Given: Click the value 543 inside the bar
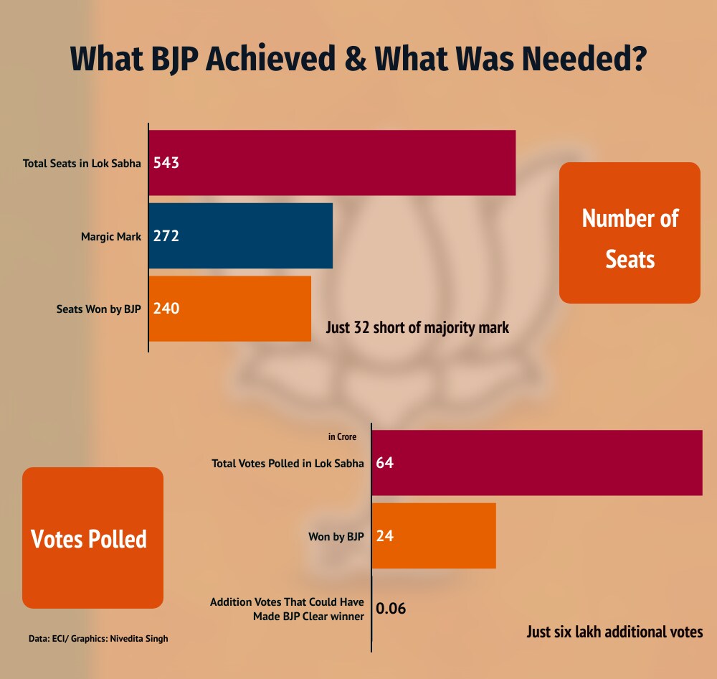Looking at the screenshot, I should pyautogui.click(x=166, y=163).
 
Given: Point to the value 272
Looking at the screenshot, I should pyautogui.click(x=166, y=236).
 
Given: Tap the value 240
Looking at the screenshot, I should pyautogui.click(x=166, y=309).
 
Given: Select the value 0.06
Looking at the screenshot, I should pyautogui.click(x=391, y=609).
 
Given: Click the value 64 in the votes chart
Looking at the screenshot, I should pyautogui.click(x=384, y=463).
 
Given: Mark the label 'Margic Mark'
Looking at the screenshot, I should pyautogui.click(x=111, y=236).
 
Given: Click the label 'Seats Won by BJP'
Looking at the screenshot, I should pyautogui.click(x=99, y=309).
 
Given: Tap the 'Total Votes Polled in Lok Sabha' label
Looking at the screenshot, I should pyautogui.click(x=288, y=463).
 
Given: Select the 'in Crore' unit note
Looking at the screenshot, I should pyautogui.click(x=342, y=436).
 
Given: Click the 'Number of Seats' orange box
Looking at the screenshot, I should pyautogui.click(x=630, y=233).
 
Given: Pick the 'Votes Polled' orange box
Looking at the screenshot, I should pyautogui.click(x=92, y=538).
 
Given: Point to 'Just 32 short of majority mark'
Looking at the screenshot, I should pyautogui.click(x=417, y=328).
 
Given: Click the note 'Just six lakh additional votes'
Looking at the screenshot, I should pyautogui.click(x=614, y=632).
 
